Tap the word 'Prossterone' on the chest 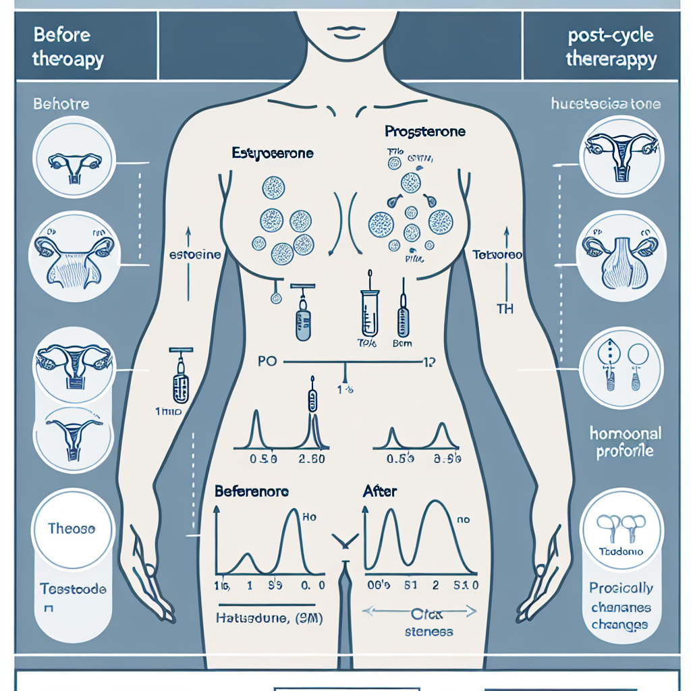pos(424,131)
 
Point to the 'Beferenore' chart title pos(252,491)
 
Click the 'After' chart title pos(380,491)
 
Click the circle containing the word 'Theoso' pos(71,528)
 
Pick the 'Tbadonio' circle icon pos(621,530)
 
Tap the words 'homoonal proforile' pos(625,442)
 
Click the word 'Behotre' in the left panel pos(61,105)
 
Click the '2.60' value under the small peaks pos(312,460)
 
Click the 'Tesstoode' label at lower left pos(73,589)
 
